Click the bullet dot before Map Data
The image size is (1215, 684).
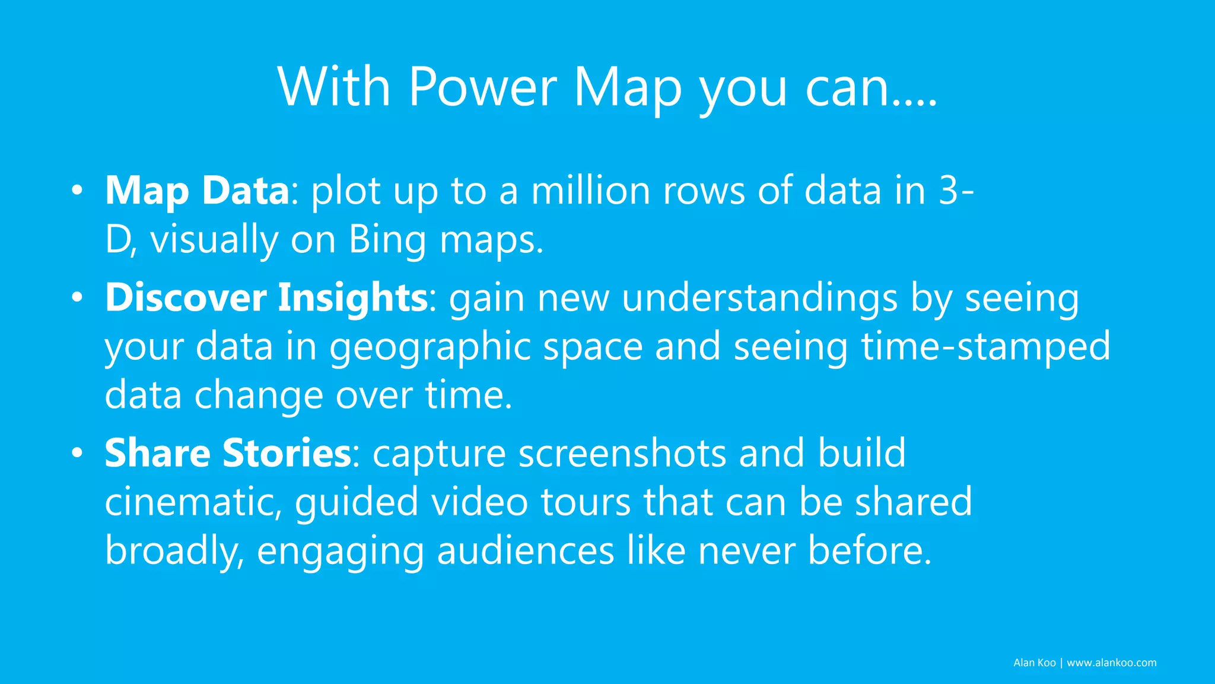tap(77, 191)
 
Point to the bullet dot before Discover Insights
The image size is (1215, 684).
tap(77, 297)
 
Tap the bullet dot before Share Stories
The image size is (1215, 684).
tap(77, 454)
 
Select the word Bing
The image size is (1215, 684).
tap(387, 240)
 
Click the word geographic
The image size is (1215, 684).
tap(430, 347)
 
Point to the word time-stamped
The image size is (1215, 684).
tap(985, 346)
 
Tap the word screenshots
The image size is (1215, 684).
tap(622, 454)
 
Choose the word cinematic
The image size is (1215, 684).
tap(193, 502)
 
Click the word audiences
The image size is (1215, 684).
tap(525, 550)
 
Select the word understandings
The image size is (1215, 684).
tap(759, 297)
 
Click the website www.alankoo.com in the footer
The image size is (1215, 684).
tap(1111, 663)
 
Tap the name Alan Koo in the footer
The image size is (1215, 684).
tap(1034, 663)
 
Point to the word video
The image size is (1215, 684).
tap(479, 502)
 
